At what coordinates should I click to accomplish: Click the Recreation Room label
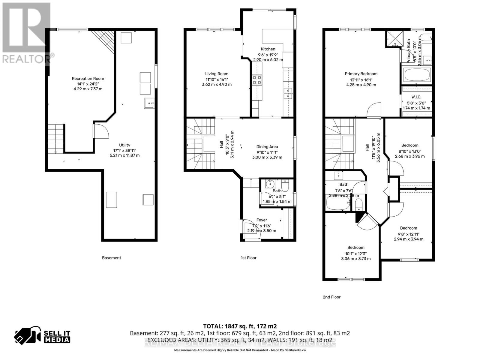(88, 79)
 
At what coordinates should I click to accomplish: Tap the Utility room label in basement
(124, 145)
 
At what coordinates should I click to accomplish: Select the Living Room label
(217, 74)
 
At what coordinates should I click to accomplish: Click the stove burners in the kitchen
(257, 80)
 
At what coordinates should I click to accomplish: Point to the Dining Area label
(267, 147)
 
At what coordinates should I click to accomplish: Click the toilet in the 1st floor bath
(285, 186)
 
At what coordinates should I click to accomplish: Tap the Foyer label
(262, 220)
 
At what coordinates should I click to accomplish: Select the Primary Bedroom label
(361, 74)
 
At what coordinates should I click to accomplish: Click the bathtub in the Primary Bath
(417, 75)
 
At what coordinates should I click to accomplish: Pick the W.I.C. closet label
(416, 97)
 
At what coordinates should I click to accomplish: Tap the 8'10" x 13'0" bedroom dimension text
(410, 151)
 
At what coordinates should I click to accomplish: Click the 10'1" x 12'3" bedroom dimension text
(356, 253)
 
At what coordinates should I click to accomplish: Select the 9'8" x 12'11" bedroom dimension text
(409, 234)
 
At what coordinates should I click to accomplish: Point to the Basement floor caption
(111, 258)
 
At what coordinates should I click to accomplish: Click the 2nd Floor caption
(331, 297)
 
